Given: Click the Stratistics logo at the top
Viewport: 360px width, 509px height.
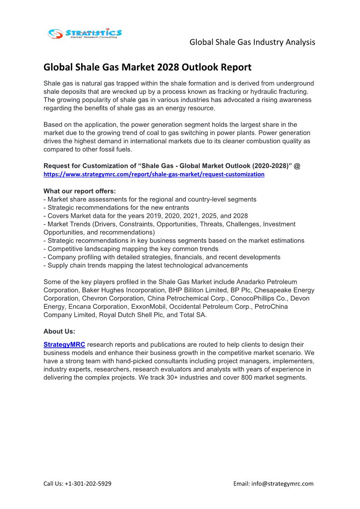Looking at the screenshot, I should pos(85,33).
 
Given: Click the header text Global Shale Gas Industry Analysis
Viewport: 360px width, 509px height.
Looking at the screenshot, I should pos(252,42).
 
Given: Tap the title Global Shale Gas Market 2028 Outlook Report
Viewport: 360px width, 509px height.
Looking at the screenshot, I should pos(147,68).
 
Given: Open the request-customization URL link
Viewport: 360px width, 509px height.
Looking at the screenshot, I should pos(154,174).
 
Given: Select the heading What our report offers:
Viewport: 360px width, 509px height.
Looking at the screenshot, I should pos(80,191).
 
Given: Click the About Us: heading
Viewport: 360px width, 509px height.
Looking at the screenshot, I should pos(59,331).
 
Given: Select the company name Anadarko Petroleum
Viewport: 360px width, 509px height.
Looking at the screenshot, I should pos(269,282).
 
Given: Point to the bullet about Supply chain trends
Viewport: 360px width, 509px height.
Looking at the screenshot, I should pos(147,265).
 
